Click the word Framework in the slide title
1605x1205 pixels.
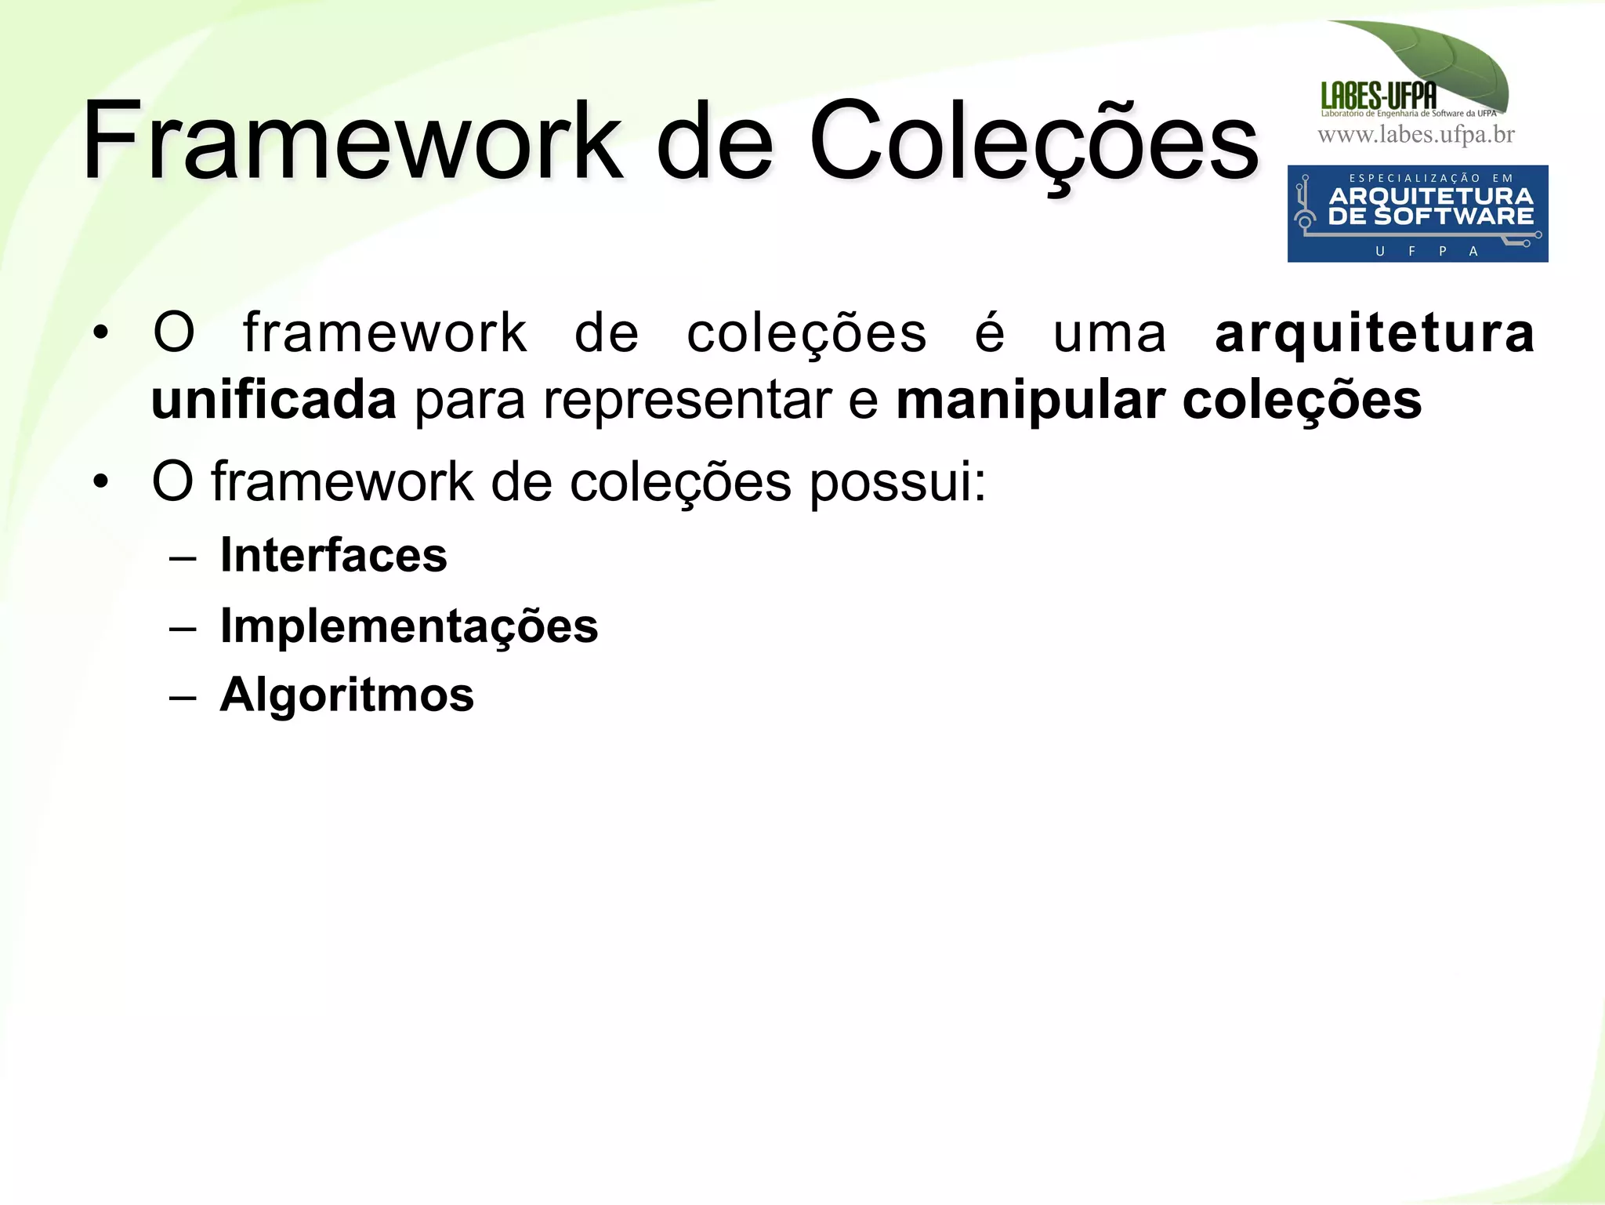tap(353, 141)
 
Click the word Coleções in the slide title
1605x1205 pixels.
tap(1033, 141)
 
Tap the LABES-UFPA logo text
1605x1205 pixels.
tap(1379, 96)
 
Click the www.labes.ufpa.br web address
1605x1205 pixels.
tap(1416, 135)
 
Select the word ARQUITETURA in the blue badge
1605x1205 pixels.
tap(1431, 196)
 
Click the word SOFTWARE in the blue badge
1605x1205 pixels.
tap(1454, 216)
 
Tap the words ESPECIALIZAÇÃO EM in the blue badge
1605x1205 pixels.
tap(1431, 178)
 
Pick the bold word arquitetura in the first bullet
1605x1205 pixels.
tap(1375, 333)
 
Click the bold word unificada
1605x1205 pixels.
tap(274, 401)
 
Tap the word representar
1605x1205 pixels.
tap(687, 401)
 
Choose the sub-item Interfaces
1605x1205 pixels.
tap(333, 555)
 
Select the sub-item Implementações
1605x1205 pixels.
tap(408, 626)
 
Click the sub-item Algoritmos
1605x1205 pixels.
tap(346, 695)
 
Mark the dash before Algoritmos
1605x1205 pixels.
tap(182, 696)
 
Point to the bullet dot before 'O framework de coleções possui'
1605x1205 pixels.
tap(100, 481)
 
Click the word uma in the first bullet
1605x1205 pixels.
tap(1109, 333)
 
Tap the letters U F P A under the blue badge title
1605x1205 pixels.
tap(1426, 251)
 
